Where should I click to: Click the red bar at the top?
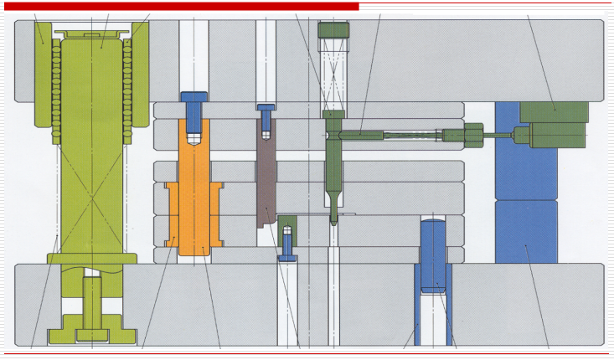coord(180,6)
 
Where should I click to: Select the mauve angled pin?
coord(266,176)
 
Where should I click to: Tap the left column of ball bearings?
coord(56,84)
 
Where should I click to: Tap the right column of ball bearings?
coord(128,84)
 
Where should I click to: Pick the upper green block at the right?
coord(554,111)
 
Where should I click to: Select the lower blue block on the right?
coord(525,232)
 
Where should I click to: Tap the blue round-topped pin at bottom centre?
coord(433,251)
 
